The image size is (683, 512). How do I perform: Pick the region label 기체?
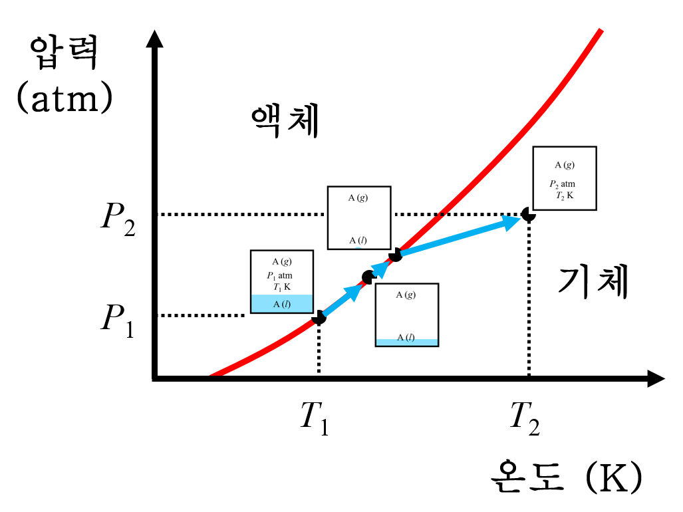(x=592, y=283)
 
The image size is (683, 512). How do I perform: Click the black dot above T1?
(x=319, y=317)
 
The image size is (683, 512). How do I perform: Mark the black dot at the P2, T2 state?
(x=528, y=214)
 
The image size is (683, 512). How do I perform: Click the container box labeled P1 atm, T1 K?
(x=281, y=281)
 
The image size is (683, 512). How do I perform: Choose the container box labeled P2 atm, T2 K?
(x=565, y=178)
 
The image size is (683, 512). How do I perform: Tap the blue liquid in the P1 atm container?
(x=281, y=304)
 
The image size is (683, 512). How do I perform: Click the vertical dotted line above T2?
(x=529, y=299)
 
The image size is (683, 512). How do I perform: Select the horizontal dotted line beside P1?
(x=203, y=315)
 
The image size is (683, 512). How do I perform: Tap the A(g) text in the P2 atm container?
(x=565, y=165)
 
